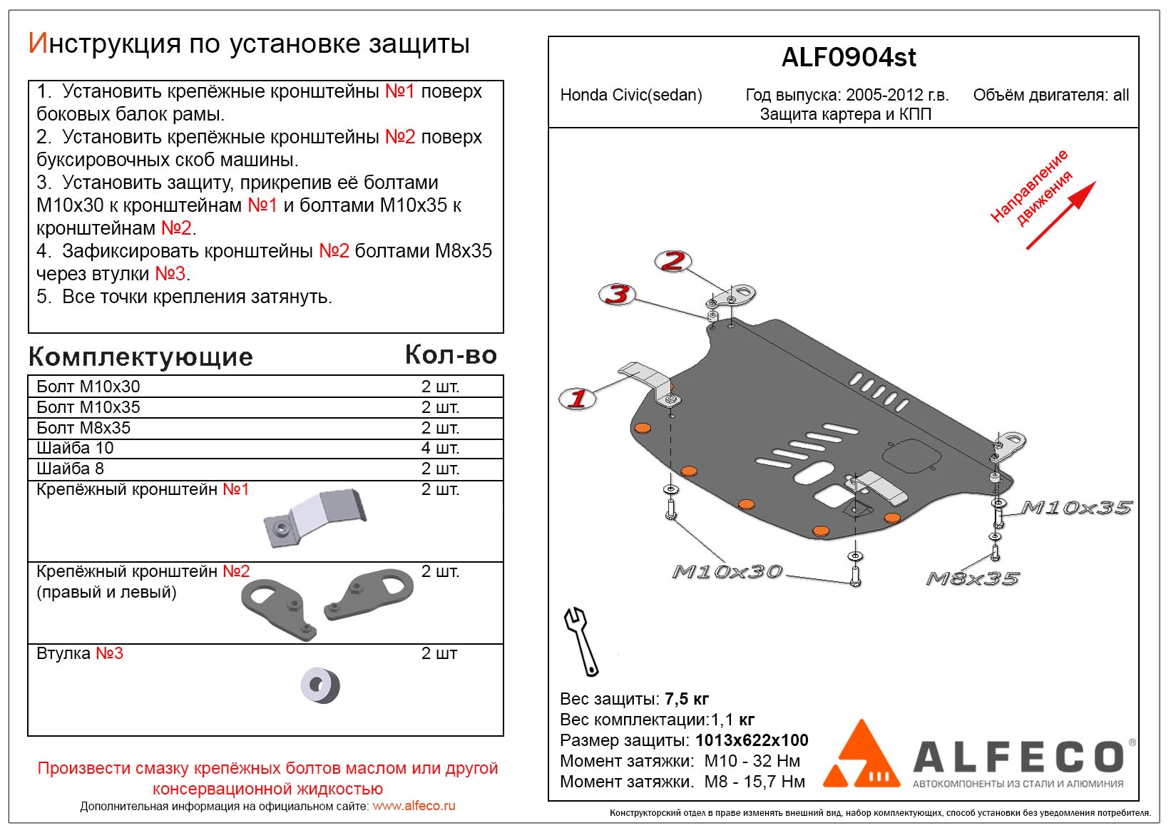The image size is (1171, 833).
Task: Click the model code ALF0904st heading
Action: pyautogui.click(x=848, y=58)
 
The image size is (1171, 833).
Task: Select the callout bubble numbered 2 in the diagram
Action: pyautogui.click(x=673, y=261)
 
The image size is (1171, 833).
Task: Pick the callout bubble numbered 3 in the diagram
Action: pyautogui.click(x=618, y=294)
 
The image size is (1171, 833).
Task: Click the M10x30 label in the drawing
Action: pyautogui.click(x=727, y=572)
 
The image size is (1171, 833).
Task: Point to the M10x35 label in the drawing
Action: pyautogui.click(x=1076, y=508)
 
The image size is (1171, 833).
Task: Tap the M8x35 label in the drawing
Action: pyautogui.click(x=973, y=578)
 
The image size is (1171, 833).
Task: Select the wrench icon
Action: pyautogui.click(x=581, y=640)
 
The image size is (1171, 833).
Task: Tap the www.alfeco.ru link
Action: pyautogui.click(x=414, y=806)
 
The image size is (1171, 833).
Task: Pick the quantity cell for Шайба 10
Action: pyautogui.click(x=440, y=448)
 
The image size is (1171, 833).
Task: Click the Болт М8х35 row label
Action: pyautogui.click(x=83, y=428)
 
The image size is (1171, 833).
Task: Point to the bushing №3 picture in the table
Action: pyautogui.click(x=320, y=685)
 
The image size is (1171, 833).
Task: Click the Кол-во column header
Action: pyautogui.click(x=451, y=355)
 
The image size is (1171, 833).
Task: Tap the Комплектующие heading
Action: pyautogui.click(x=140, y=357)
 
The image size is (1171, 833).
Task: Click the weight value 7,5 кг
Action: pyautogui.click(x=686, y=699)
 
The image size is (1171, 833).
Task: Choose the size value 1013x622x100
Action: pyautogui.click(x=752, y=740)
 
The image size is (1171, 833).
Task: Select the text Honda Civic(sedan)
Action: pyautogui.click(x=631, y=96)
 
